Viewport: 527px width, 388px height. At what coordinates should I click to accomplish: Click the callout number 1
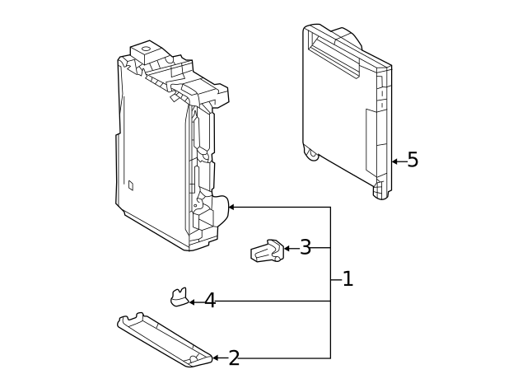click(347, 279)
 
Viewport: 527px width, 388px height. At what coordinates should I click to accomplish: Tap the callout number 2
click(234, 358)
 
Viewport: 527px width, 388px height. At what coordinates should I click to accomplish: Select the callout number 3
click(305, 248)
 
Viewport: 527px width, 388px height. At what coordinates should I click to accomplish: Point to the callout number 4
click(210, 301)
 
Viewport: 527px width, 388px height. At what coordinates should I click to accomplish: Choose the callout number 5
click(413, 160)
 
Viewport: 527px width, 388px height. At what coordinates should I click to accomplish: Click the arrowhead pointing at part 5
click(394, 161)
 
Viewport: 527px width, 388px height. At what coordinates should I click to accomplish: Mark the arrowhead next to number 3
click(287, 248)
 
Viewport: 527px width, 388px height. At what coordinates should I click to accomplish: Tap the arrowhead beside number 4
click(191, 302)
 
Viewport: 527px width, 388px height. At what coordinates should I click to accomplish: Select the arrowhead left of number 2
click(216, 358)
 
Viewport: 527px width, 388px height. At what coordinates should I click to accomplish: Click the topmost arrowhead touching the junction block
click(231, 207)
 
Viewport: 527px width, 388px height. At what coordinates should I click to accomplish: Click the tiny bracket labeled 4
click(179, 296)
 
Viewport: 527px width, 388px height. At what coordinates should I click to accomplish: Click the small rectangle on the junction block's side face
click(130, 185)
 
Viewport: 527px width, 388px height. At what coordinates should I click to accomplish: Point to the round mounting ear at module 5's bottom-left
click(311, 153)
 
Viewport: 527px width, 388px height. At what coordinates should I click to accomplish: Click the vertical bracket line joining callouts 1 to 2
click(331, 321)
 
